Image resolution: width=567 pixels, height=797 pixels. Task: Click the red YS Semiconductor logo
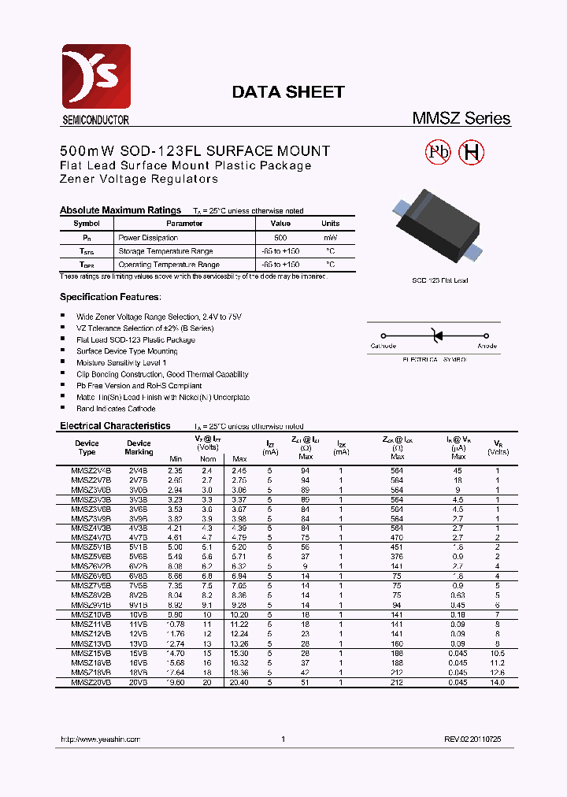coord(95,79)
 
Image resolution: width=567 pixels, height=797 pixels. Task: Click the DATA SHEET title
coord(287,92)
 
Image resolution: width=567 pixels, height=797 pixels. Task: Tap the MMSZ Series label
coord(461,119)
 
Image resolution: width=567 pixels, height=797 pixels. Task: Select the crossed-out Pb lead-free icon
coord(438,153)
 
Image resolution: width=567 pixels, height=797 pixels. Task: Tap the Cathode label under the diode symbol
coord(384,346)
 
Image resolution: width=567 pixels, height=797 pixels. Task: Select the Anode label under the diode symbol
coord(487,346)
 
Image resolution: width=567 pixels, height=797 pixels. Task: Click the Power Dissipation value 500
coord(280,237)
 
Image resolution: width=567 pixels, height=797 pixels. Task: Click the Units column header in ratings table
coord(330,224)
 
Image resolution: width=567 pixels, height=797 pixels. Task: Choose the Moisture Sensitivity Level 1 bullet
coord(121,363)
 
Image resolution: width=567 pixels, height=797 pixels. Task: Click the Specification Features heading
coord(110,297)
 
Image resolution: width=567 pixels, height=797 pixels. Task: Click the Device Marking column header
coord(139,447)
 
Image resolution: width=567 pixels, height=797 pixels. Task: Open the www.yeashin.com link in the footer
coord(100,740)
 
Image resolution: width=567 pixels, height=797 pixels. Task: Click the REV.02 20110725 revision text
coord(472,740)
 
